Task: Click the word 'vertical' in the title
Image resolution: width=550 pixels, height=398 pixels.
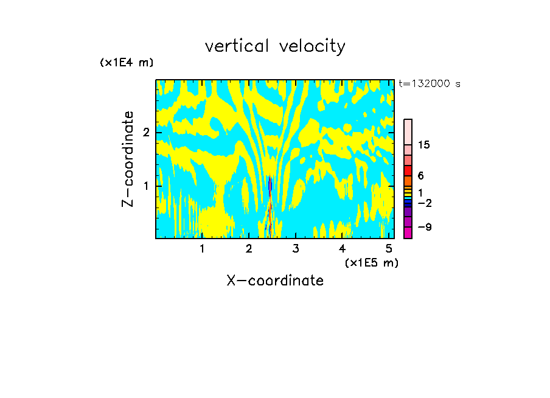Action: coord(234,46)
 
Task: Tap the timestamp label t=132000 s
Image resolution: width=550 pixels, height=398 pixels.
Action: coord(429,83)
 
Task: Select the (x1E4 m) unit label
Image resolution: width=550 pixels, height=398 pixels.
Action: coord(126,63)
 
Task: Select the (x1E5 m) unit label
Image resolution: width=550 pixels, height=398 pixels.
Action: coord(371,262)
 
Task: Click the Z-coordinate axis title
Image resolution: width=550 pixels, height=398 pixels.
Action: coord(128,159)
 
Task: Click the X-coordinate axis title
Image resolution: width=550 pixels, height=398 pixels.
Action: coord(275,281)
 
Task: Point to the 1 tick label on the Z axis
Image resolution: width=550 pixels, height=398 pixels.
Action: coord(146,185)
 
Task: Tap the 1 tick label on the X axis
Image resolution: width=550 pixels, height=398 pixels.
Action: coord(202,248)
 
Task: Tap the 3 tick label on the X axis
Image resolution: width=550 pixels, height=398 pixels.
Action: coord(296,248)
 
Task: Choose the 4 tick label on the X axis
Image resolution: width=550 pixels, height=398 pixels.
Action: coord(342,248)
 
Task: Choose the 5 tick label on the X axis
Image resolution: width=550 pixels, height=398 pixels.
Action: coord(389,248)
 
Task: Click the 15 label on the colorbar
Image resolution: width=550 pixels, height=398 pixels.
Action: coord(424,145)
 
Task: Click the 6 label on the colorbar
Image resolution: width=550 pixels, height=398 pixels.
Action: coord(420,175)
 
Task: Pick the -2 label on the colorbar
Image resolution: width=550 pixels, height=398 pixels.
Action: coord(424,203)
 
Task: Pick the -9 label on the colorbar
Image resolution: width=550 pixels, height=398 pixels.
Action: coord(424,227)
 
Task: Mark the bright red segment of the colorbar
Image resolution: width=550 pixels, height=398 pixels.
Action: coord(408,171)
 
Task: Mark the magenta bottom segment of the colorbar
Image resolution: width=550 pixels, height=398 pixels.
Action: coord(408,232)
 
